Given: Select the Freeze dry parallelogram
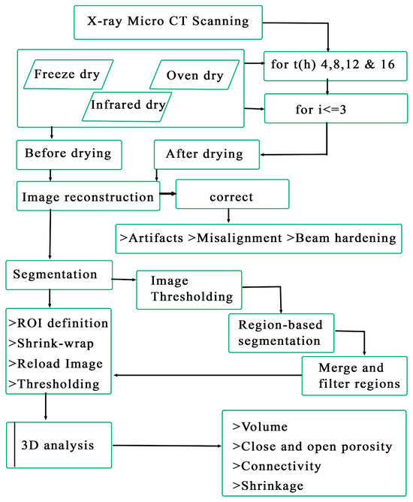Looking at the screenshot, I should point(68,75).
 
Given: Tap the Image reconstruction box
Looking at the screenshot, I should point(88,198).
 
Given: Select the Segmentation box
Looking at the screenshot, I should point(59,276).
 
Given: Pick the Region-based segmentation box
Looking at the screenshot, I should point(281,330).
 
